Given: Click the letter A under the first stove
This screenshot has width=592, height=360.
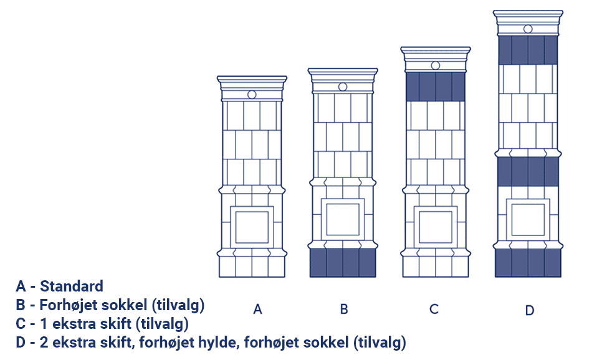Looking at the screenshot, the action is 257,310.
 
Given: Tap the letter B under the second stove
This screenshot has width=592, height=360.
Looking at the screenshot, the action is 344,310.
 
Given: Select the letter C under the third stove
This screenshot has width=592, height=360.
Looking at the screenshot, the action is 434,310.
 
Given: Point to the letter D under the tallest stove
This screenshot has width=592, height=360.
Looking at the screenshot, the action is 530,311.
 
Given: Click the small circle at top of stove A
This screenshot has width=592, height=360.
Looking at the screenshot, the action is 252,95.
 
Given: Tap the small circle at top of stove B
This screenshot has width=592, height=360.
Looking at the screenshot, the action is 343,87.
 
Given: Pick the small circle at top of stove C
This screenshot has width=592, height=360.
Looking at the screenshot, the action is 436,65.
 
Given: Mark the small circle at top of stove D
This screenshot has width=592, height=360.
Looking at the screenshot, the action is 528,29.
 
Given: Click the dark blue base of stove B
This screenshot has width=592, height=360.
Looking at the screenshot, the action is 343,263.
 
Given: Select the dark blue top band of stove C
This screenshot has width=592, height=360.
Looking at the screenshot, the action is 436,87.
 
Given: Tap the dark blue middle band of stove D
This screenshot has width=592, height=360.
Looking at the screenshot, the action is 528,172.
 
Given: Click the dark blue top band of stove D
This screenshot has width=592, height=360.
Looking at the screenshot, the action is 528,50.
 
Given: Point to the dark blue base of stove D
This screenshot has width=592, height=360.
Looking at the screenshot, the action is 528,263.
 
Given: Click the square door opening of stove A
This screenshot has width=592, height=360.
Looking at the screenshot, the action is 252,227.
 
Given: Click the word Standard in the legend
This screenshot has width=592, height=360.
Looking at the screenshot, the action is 72,287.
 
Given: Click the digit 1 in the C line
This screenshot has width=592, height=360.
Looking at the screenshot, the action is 44,324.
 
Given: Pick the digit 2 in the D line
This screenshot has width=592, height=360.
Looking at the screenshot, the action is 44,343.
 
